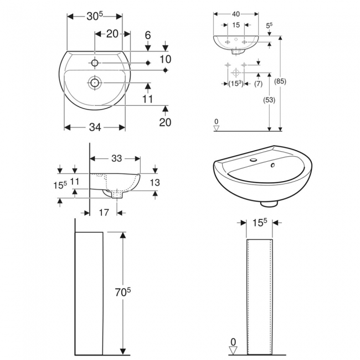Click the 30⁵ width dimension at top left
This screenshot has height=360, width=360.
tap(95, 17)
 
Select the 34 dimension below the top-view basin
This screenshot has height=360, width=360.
tap(95, 128)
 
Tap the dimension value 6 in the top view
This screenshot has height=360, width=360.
tap(148, 35)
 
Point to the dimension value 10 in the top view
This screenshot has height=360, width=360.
tap(164, 59)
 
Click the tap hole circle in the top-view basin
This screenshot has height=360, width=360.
tap(95, 63)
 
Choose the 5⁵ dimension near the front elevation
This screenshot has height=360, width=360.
tap(269, 25)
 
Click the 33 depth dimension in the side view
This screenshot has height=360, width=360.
tap(116, 158)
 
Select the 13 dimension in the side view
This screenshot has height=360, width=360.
tap(156, 183)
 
